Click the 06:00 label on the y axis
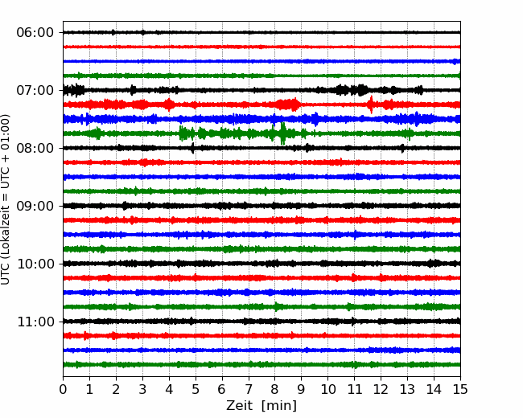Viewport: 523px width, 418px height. (x=35, y=33)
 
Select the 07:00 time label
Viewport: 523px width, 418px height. (x=35, y=90)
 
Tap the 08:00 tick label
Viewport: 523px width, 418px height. (x=35, y=148)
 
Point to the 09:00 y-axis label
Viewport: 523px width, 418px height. (x=35, y=206)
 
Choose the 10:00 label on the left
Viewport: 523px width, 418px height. (x=35, y=264)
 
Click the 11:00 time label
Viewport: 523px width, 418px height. (x=35, y=322)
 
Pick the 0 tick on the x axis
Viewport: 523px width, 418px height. (x=63, y=389)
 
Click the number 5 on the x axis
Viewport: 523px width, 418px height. (x=196, y=389)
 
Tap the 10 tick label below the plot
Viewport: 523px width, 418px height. (x=327, y=389)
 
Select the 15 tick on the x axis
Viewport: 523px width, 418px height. (x=460, y=389)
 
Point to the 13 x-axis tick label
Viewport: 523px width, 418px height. (x=407, y=389)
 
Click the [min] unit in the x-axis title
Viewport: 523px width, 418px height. (x=279, y=406)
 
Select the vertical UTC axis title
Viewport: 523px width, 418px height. (x=5, y=199)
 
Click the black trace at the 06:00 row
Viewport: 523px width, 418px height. (x=261, y=32)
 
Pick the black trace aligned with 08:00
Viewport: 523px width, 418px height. (x=261, y=148)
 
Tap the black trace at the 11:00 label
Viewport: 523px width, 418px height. (x=261, y=322)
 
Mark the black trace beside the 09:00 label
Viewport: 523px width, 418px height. (x=261, y=206)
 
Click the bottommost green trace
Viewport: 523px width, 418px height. (x=261, y=365)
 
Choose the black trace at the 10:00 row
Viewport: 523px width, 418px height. (x=261, y=264)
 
